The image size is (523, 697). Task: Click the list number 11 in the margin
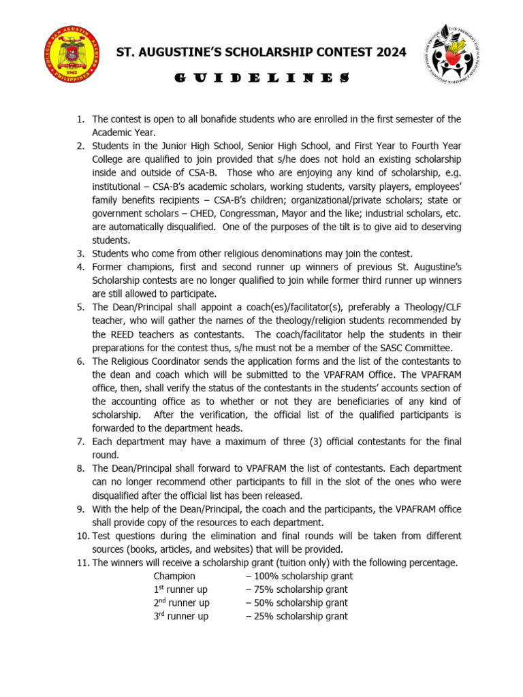click(82, 562)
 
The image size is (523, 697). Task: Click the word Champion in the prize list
click(174, 576)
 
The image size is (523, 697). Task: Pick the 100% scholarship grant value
click(299, 576)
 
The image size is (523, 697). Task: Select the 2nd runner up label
click(181, 603)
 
